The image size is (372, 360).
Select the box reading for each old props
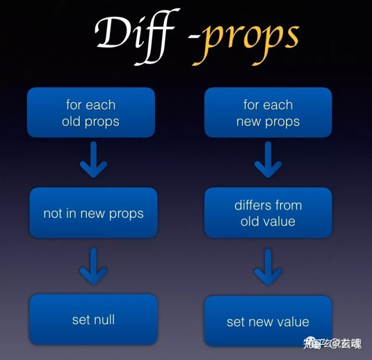click(91, 113)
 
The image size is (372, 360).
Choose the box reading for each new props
click(268, 113)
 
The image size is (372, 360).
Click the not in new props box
click(94, 213)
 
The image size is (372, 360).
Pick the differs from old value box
click(268, 213)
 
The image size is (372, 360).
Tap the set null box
click(94, 319)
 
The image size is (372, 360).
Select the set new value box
click(268, 321)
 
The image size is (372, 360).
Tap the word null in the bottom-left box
click(104, 319)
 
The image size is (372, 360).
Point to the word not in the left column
click(52, 214)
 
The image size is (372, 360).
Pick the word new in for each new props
click(246, 122)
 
